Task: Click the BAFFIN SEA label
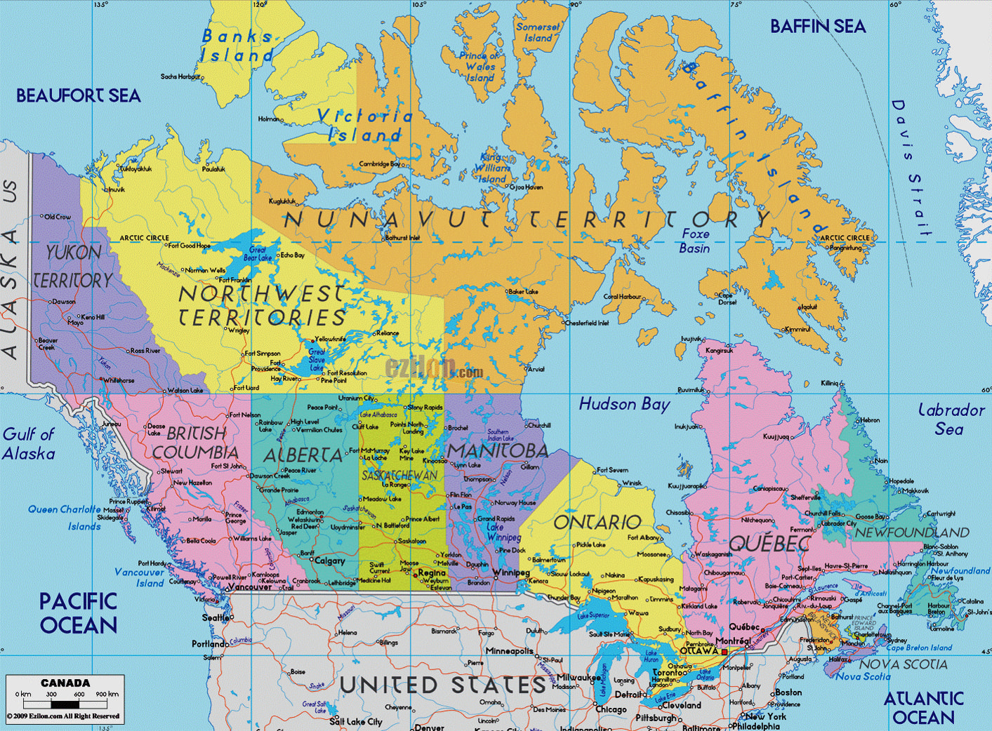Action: coord(818,27)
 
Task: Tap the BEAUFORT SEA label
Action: coord(78,95)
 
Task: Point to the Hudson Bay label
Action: coord(624,404)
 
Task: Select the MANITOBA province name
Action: coord(497,450)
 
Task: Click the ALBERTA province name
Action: coord(303,455)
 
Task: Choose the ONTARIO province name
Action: coord(597,522)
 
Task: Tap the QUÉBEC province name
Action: coord(769,543)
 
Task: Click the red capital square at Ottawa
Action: coord(725,651)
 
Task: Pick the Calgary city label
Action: coord(329,561)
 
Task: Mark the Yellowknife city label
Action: coord(330,339)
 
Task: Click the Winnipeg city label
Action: coord(511,572)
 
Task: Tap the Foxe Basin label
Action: coord(694,241)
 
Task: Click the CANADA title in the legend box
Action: coord(65,683)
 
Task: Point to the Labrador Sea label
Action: coord(951,419)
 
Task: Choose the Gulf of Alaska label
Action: coord(28,443)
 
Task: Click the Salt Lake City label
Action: coord(356,721)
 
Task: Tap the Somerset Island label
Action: coord(538,32)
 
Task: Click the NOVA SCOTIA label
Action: coord(903,664)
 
